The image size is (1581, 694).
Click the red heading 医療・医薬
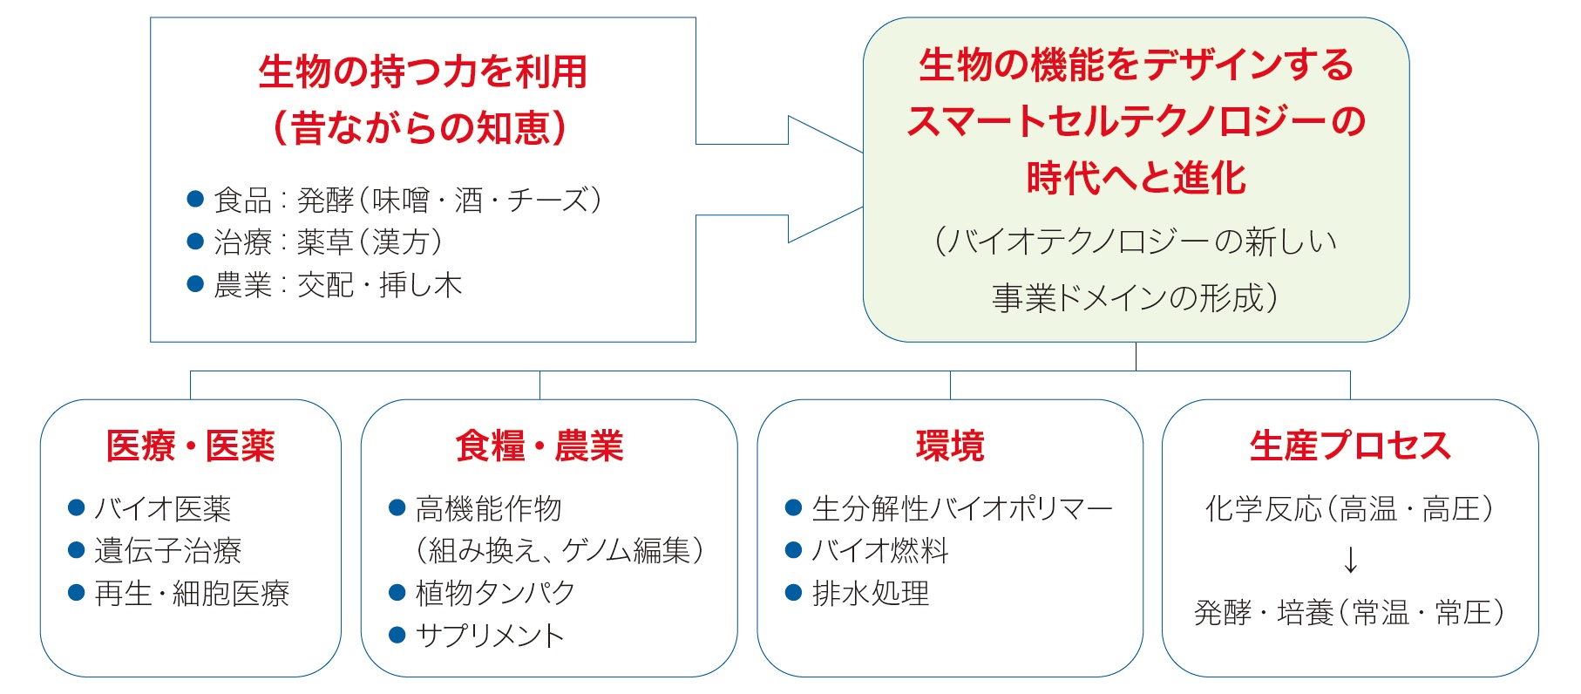tap(191, 446)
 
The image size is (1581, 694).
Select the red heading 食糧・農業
tap(539, 446)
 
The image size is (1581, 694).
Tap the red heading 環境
tap(950, 446)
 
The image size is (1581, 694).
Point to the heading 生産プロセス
tap(1350, 446)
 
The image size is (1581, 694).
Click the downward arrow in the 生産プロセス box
tap(1350, 560)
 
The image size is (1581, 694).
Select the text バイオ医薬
tap(163, 508)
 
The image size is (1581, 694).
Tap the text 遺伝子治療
tap(168, 550)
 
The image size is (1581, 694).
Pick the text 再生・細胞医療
tap(192, 594)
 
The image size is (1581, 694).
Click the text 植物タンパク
tap(495, 593)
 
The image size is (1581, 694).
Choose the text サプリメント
tap(490, 636)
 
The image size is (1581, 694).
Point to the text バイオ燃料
tap(880, 550)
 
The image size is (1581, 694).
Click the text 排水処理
tap(871, 594)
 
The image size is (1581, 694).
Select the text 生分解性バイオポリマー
tap(962, 508)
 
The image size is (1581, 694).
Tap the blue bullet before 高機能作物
tap(397, 507)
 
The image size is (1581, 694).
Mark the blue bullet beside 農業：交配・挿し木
tap(196, 284)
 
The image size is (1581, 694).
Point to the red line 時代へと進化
tap(1136, 178)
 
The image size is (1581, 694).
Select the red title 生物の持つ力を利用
tap(423, 71)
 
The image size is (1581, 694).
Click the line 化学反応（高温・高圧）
tap(1350, 508)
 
